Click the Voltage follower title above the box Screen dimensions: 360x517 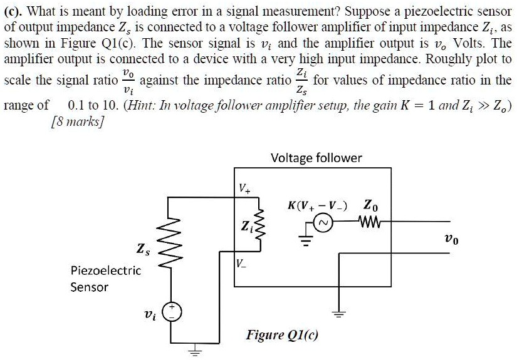pos(316,158)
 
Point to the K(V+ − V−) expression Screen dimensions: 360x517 pos(318,205)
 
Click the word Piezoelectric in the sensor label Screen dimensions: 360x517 pos(105,270)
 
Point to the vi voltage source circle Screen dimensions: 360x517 pos(173,311)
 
